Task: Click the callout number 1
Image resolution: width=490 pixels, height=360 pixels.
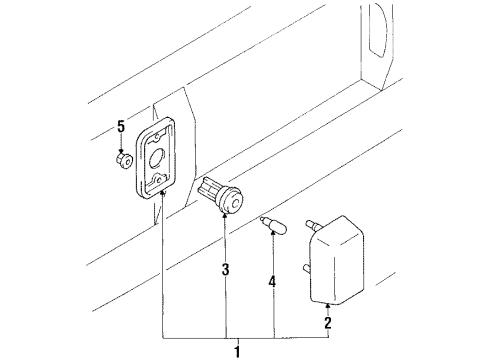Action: (236, 350)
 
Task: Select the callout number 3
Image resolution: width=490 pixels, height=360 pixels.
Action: (226, 269)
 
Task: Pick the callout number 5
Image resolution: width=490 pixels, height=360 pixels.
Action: (120, 127)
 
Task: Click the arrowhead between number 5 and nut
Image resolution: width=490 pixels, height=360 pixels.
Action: (120, 146)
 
